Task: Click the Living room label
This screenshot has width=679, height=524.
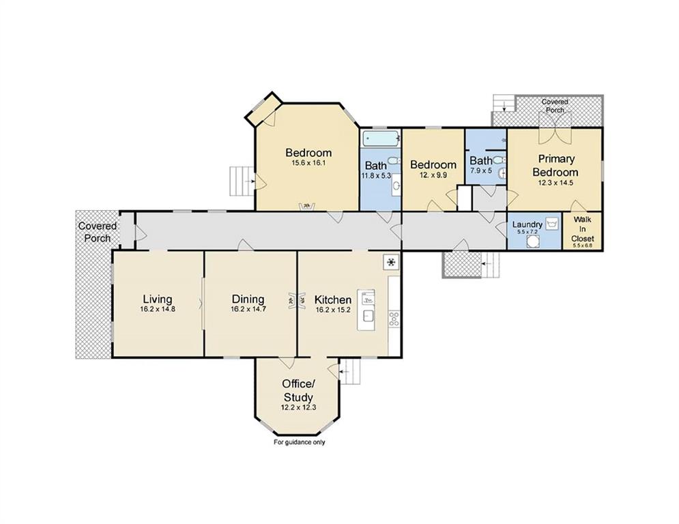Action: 158,300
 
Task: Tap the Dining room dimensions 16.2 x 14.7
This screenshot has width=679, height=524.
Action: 248,309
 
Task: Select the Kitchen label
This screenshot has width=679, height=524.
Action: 332,300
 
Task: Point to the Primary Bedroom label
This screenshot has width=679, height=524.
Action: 555,165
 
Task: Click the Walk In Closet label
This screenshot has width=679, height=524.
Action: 582,229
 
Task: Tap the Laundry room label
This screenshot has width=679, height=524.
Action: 527,224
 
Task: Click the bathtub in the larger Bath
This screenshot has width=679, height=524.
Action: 381,139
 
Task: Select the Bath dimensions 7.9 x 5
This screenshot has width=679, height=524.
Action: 481,171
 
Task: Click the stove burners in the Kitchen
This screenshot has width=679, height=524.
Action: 394,319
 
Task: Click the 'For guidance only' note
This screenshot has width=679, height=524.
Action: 299,442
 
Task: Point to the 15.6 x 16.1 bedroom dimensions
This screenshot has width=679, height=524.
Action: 308,163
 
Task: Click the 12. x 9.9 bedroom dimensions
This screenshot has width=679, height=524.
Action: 433,175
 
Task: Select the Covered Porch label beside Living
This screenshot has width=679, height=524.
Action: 98,232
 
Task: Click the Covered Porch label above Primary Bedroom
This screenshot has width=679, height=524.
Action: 555,106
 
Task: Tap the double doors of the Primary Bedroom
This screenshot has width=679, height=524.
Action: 555,129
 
